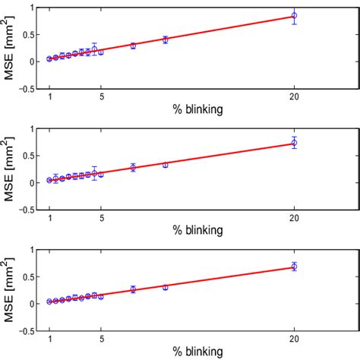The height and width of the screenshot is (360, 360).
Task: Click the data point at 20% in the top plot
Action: (x=294, y=15)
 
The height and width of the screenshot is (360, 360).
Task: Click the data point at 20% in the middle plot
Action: (x=294, y=142)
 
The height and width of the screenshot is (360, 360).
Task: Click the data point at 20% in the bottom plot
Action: (x=294, y=267)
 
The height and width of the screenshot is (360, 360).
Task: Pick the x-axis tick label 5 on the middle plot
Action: (x=101, y=218)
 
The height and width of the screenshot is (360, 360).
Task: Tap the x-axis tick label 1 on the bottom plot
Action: (x=50, y=339)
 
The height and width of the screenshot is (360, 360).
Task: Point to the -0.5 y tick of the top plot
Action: (x=27, y=89)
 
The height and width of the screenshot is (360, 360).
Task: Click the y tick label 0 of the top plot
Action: (x=33, y=62)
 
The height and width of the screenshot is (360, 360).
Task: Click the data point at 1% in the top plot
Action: (x=50, y=58)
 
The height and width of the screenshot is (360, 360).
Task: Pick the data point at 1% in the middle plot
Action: (x=50, y=180)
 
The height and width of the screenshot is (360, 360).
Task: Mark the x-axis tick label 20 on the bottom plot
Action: (x=294, y=339)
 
